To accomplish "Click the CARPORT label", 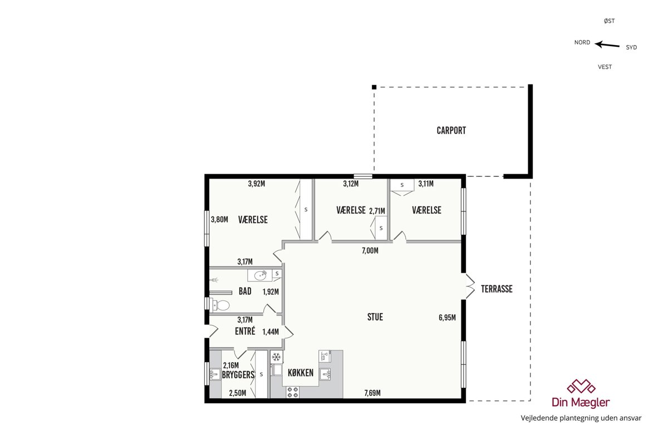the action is (x=451, y=131).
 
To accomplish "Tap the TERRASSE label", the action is (x=497, y=289).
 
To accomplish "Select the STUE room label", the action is (x=375, y=317).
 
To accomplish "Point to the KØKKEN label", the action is (x=301, y=373).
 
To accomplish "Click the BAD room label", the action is (x=245, y=291).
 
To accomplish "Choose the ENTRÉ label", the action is (x=245, y=331).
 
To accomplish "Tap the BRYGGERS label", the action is (x=238, y=375).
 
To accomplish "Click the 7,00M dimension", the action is (x=370, y=251).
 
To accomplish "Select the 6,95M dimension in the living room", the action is (x=447, y=318).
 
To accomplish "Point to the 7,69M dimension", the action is (x=372, y=393).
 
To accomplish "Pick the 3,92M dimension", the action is (x=257, y=184).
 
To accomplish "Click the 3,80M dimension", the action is (x=219, y=220).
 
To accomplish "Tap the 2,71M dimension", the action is (x=377, y=211).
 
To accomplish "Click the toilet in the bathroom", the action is (x=220, y=305).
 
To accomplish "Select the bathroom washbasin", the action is (x=260, y=275).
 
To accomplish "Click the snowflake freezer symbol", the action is (x=277, y=357).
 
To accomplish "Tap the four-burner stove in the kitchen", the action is (x=293, y=392).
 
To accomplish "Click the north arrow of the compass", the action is (x=607, y=45).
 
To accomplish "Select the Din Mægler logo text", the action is (x=581, y=402).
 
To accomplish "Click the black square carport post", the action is (x=374, y=87).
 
